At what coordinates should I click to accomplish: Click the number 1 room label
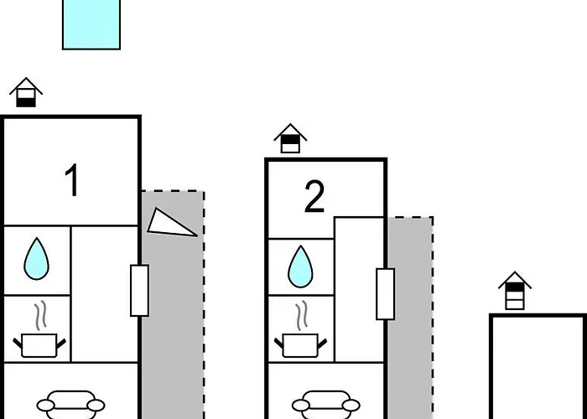[72, 180]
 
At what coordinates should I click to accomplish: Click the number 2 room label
[314, 196]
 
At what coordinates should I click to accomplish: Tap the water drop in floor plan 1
[36, 259]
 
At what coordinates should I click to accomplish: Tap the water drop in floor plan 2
[300, 266]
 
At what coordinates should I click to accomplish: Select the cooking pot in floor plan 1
[39, 345]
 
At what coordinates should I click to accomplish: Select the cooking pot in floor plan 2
[300, 345]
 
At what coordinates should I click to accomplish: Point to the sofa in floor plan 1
[70, 405]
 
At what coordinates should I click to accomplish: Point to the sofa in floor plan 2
[325, 405]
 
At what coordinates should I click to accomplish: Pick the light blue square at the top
[91, 24]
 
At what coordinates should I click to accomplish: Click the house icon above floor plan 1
[26, 92]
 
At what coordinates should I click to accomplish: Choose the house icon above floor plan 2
[290, 138]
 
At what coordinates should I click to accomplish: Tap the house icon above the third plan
[515, 291]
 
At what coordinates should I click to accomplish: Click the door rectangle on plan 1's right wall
[140, 291]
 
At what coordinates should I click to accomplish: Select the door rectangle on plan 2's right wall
[386, 294]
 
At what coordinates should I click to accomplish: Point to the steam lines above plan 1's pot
[41, 315]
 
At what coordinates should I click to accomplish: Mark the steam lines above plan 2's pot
[302, 315]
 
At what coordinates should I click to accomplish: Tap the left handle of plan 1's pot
[18, 343]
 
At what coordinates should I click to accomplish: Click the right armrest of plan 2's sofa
[351, 406]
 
